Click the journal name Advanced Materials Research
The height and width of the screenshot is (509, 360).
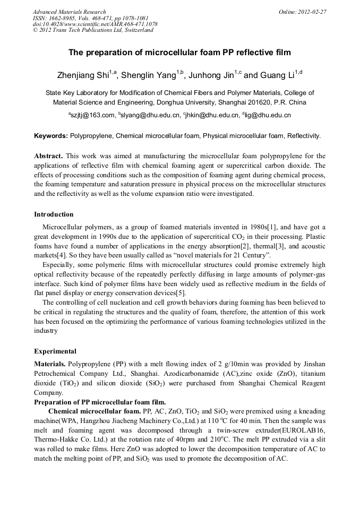[x=69, y=12]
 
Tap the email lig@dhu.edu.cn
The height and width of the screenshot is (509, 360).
[x=267, y=115]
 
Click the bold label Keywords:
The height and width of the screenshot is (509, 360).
[x=51, y=136]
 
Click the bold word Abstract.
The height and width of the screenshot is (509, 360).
[x=48, y=156]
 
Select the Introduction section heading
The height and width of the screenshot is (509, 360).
[x=54, y=214]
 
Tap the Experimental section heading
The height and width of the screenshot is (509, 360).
[x=55, y=351]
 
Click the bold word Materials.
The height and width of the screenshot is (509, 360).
[x=50, y=364]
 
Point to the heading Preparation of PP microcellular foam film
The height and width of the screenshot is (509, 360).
[x=100, y=402]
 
